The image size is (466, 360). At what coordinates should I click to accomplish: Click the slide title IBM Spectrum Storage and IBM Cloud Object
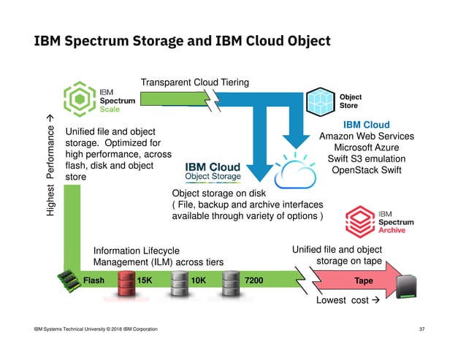click(x=182, y=40)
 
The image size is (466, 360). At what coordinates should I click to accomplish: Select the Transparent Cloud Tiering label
click(x=194, y=83)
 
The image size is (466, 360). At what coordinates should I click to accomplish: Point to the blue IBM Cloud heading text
click(x=367, y=124)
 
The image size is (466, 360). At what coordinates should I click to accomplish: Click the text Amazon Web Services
click(x=367, y=136)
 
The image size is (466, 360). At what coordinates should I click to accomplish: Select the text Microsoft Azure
click(x=367, y=148)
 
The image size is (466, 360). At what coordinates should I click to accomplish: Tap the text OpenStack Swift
click(x=367, y=171)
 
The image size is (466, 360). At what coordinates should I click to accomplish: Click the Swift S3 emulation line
click(x=367, y=159)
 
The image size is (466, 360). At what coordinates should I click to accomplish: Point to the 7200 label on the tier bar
click(x=255, y=280)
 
